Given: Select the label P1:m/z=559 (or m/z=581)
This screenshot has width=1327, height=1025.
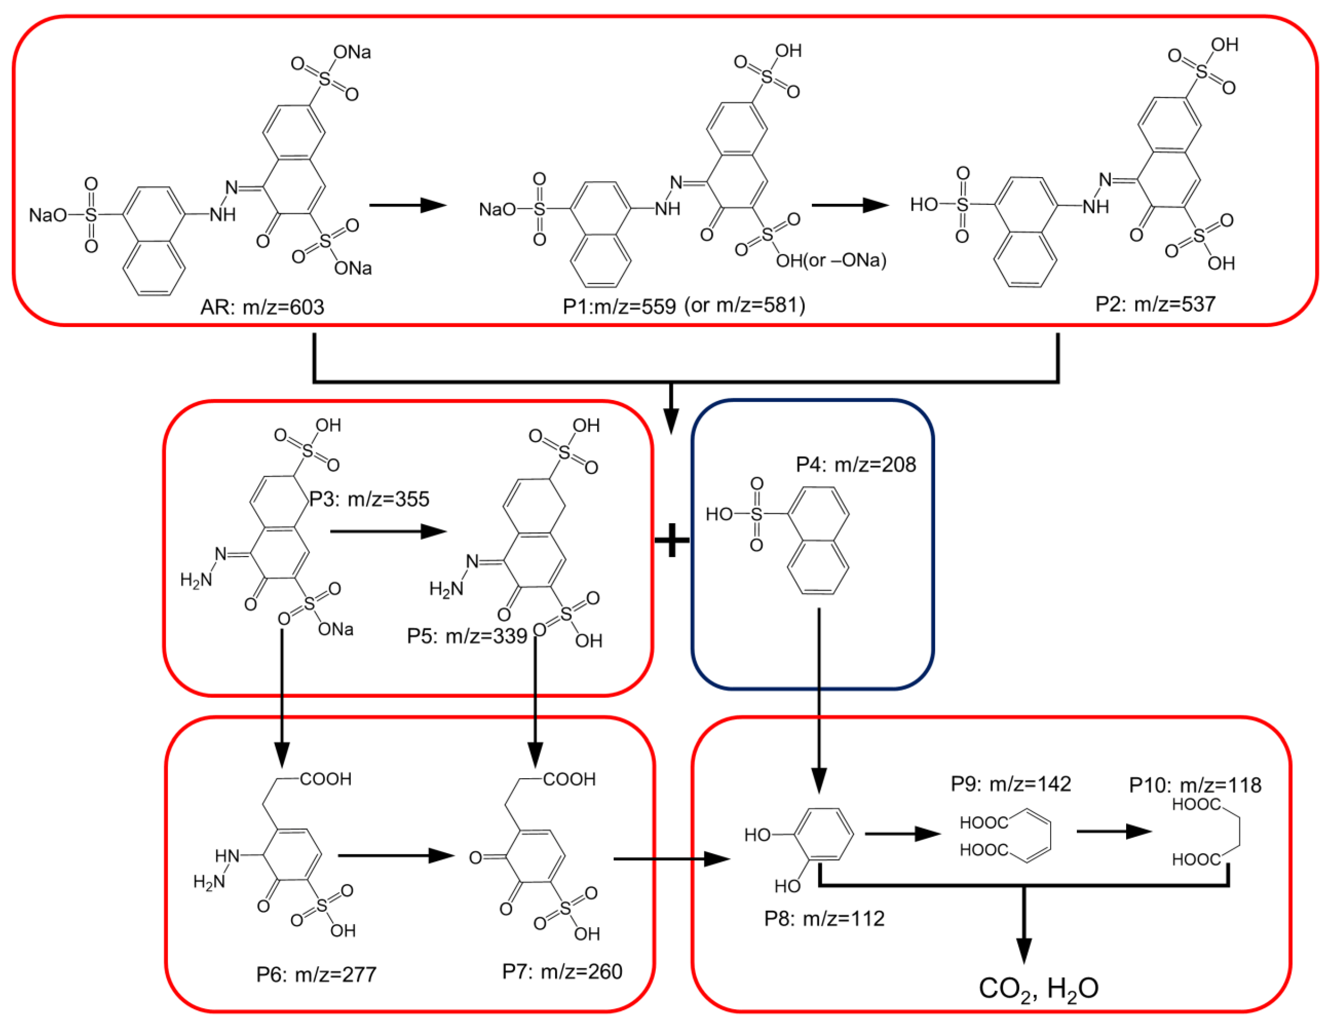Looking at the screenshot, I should click(684, 305).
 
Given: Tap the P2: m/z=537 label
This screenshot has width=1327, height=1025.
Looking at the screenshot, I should click(1155, 304).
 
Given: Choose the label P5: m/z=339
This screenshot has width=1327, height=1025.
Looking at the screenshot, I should click(467, 636).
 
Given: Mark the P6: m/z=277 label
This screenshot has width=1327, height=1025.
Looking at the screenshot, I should click(316, 975).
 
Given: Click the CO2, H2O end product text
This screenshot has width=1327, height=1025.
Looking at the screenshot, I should click(1039, 988).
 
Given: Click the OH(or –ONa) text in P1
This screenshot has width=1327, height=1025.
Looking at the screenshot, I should click(831, 261).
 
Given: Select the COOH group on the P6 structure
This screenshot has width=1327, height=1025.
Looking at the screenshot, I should click(326, 779).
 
